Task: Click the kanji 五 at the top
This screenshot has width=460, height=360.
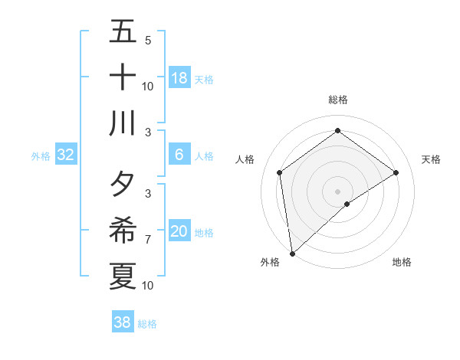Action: coord(123,31)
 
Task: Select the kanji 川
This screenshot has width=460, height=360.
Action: coord(123,123)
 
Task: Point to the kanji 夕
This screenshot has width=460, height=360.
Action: coord(123,185)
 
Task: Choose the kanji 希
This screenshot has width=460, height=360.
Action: coord(123,231)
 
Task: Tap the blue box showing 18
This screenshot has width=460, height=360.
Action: coord(179,78)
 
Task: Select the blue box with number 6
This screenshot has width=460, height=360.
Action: coord(179,155)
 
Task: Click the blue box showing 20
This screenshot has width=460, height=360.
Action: coord(179,231)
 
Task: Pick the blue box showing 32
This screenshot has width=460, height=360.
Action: coord(66,155)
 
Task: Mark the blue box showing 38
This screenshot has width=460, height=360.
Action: coord(123,322)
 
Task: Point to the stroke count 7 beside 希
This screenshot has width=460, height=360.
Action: coord(147,240)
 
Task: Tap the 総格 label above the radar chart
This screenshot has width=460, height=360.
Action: coord(337,100)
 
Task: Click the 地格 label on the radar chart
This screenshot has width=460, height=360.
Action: coord(402,262)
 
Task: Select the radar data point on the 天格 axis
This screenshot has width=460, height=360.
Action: coord(396,172)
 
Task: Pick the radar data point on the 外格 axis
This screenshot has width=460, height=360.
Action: coord(292,253)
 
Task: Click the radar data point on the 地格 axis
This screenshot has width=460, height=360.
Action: coord(347,204)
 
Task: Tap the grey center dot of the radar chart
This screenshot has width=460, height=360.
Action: coord(337,191)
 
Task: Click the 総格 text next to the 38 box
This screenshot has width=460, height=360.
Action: coord(148,324)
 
